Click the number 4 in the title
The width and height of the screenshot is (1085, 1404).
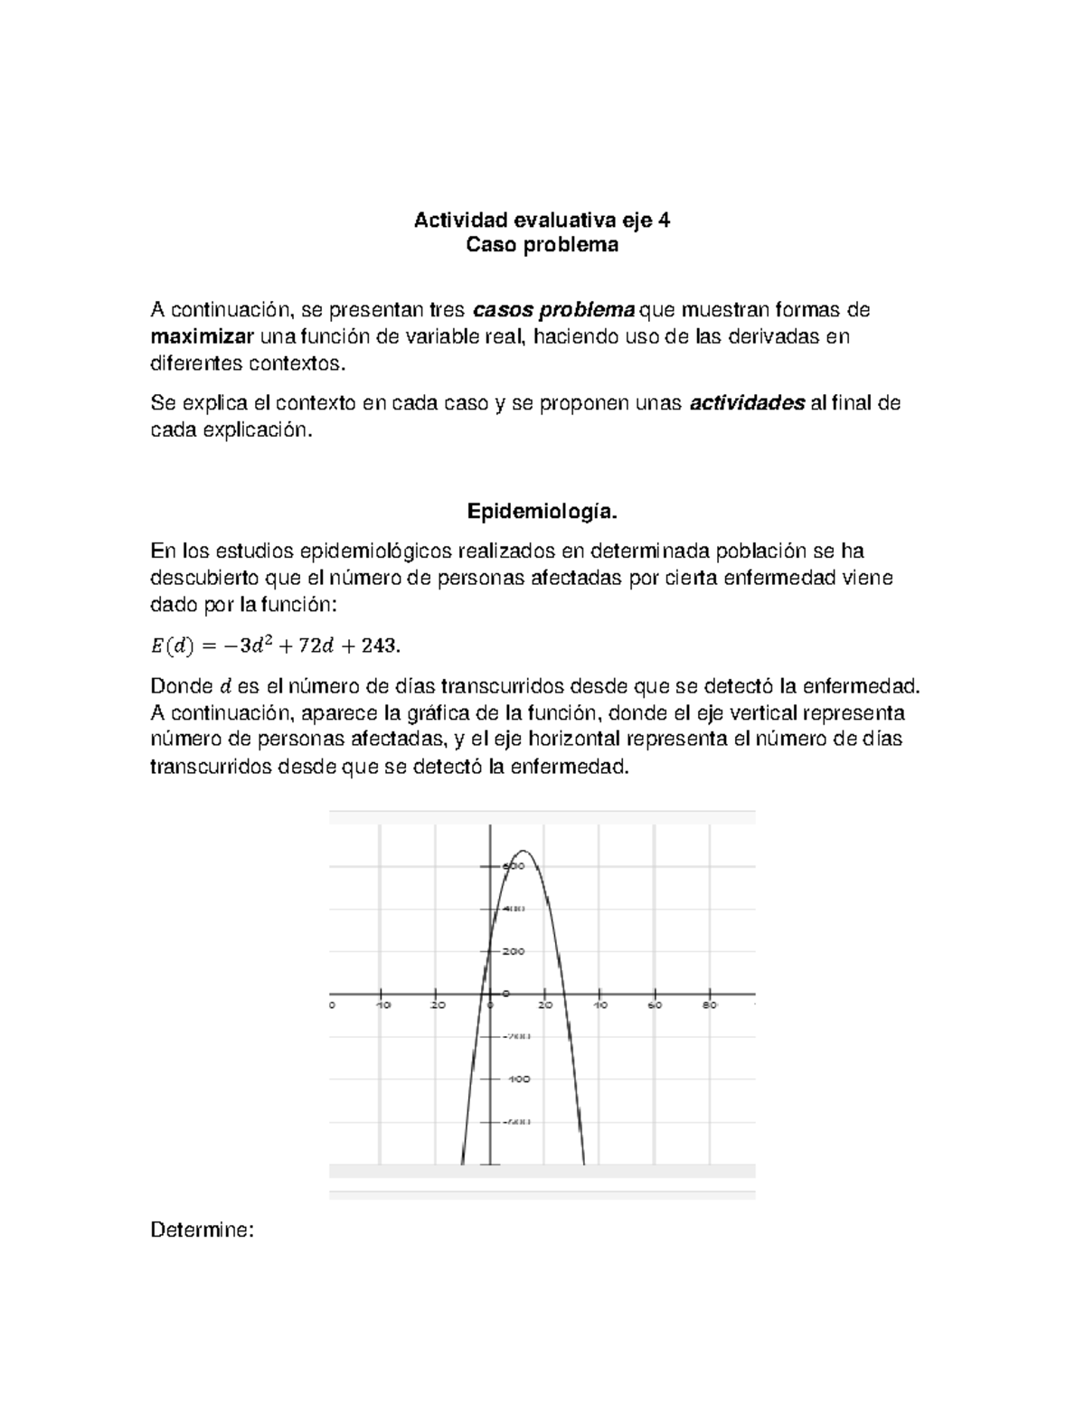[665, 220]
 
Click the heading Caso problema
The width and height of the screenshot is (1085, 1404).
[542, 245]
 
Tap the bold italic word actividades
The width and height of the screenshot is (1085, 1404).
[747, 403]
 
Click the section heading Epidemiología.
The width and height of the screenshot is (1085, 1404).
[542, 513]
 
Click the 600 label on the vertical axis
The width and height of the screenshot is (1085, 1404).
[514, 866]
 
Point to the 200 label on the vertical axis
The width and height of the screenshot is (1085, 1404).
[514, 951]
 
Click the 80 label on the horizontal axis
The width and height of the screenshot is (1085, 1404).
[710, 1004]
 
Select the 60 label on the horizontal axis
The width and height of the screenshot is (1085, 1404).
[655, 1004]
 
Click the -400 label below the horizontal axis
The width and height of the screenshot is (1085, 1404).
[518, 1079]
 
